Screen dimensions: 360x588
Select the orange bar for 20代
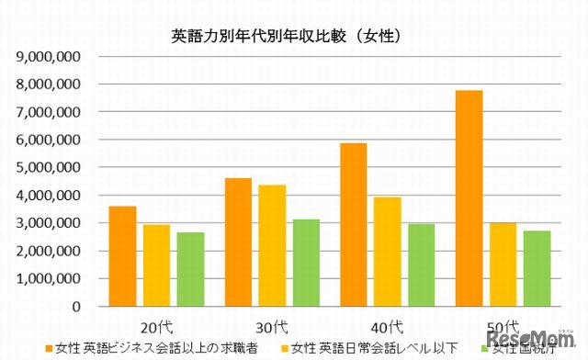coord(122,256)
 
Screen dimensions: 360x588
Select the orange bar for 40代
coord(354,225)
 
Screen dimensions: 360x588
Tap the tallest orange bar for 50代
coord(469,198)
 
